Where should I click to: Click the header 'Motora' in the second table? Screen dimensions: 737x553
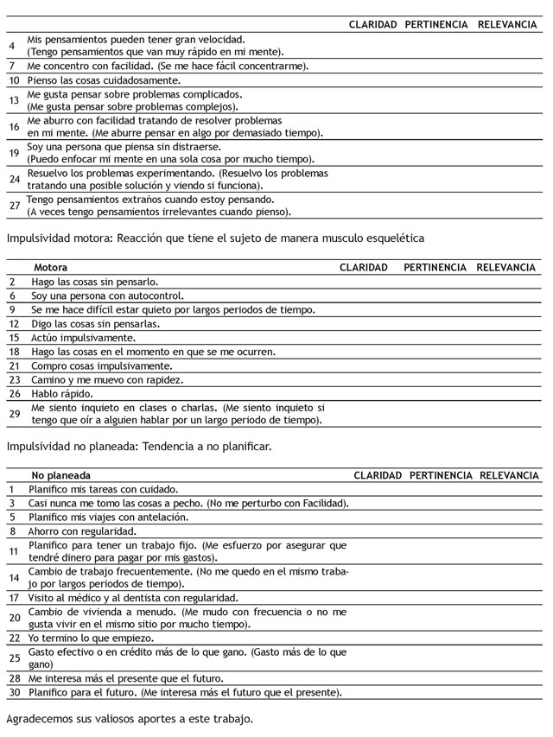(49, 268)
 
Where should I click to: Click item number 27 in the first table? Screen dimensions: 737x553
(14, 206)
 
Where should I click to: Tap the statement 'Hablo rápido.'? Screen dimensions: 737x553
(62, 393)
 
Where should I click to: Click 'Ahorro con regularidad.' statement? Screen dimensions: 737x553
(82, 531)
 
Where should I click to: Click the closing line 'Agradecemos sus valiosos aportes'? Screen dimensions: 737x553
(130, 719)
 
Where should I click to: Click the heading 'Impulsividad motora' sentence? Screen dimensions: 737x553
(213, 237)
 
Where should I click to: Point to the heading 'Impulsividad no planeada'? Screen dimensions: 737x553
(139, 447)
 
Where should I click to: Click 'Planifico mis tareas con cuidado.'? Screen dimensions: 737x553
(103, 489)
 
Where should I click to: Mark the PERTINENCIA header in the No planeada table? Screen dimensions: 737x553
(441, 475)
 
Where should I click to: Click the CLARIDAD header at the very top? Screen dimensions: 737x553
(372, 24)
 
